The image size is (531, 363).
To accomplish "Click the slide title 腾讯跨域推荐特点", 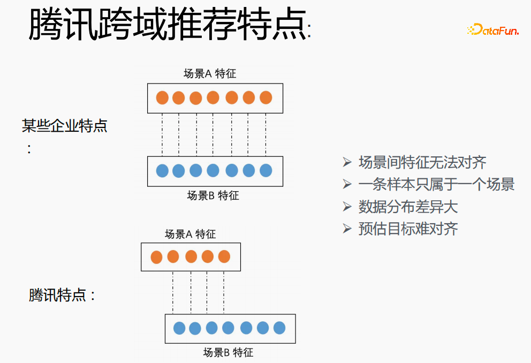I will (168, 25).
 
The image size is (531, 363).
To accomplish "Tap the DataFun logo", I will (492, 31).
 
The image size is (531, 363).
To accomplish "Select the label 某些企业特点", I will (64, 126).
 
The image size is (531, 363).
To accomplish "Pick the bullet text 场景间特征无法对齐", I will (422, 162).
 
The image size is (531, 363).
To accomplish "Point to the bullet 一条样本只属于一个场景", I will (436, 185).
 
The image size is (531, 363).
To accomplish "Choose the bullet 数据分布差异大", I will (408, 207).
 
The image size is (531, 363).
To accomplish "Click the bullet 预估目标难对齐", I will (408, 229).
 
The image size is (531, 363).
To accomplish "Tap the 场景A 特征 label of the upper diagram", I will (210, 74).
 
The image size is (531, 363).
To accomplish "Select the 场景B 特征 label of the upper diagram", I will (213, 195).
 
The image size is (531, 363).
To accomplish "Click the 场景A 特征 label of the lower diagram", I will (190, 234).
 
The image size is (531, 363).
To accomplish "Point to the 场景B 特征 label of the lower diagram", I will (228, 352).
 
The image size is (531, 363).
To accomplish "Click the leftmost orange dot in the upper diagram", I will (162, 98).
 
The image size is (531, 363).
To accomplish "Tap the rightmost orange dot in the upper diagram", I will (266, 98).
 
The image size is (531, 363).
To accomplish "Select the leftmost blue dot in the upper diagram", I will (162, 171).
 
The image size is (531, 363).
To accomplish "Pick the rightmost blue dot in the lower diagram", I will (279, 328).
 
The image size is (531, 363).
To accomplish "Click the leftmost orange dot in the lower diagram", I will (156, 257).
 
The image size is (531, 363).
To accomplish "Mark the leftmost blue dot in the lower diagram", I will (179, 328).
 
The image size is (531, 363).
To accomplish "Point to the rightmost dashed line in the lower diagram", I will (224, 292).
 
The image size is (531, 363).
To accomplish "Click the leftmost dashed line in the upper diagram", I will (162, 134).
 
